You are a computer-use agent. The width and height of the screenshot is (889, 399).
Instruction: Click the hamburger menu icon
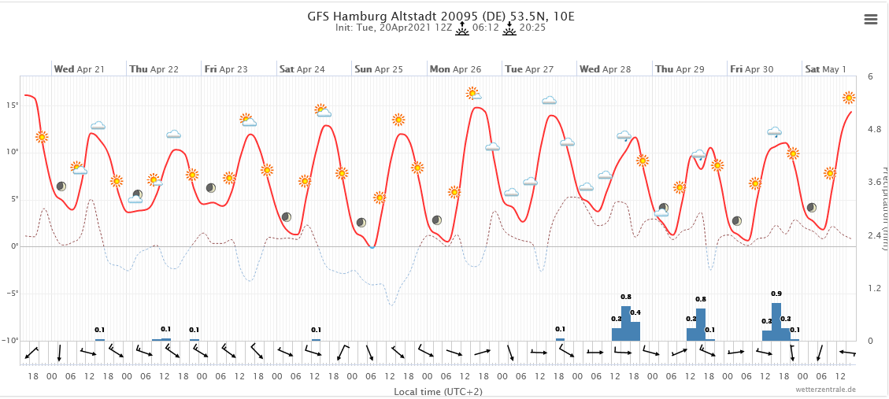click(x=870, y=20)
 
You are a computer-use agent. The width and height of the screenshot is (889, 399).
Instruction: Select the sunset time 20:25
click(x=532, y=28)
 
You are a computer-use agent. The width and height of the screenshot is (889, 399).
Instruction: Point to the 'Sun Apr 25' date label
click(x=379, y=69)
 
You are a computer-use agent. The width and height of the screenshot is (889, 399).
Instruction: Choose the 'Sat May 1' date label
click(x=825, y=69)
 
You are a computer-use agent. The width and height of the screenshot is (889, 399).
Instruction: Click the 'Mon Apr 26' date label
click(x=455, y=69)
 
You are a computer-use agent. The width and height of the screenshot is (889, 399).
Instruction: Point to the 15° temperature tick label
click(x=12, y=105)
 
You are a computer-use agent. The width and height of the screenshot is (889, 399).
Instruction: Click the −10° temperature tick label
click(x=9, y=341)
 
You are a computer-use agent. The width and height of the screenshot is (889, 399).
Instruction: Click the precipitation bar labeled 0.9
click(x=776, y=321)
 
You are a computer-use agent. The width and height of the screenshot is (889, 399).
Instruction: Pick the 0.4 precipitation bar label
click(x=635, y=312)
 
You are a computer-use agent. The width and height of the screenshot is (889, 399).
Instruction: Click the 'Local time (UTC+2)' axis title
click(x=439, y=390)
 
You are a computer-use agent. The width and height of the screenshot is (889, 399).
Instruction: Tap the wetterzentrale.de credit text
click(x=826, y=390)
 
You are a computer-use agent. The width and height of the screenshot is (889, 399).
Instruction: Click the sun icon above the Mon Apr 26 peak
click(x=472, y=93)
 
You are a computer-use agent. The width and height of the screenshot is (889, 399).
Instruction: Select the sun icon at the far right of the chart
click(x=849, y=98)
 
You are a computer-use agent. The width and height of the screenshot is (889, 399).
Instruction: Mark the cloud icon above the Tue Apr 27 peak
click(x=549, y=100)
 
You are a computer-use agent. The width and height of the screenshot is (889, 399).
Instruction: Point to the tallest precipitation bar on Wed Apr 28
click(x=626, y=323)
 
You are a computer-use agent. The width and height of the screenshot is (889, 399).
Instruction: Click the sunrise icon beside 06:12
click(x=462, y=28)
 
